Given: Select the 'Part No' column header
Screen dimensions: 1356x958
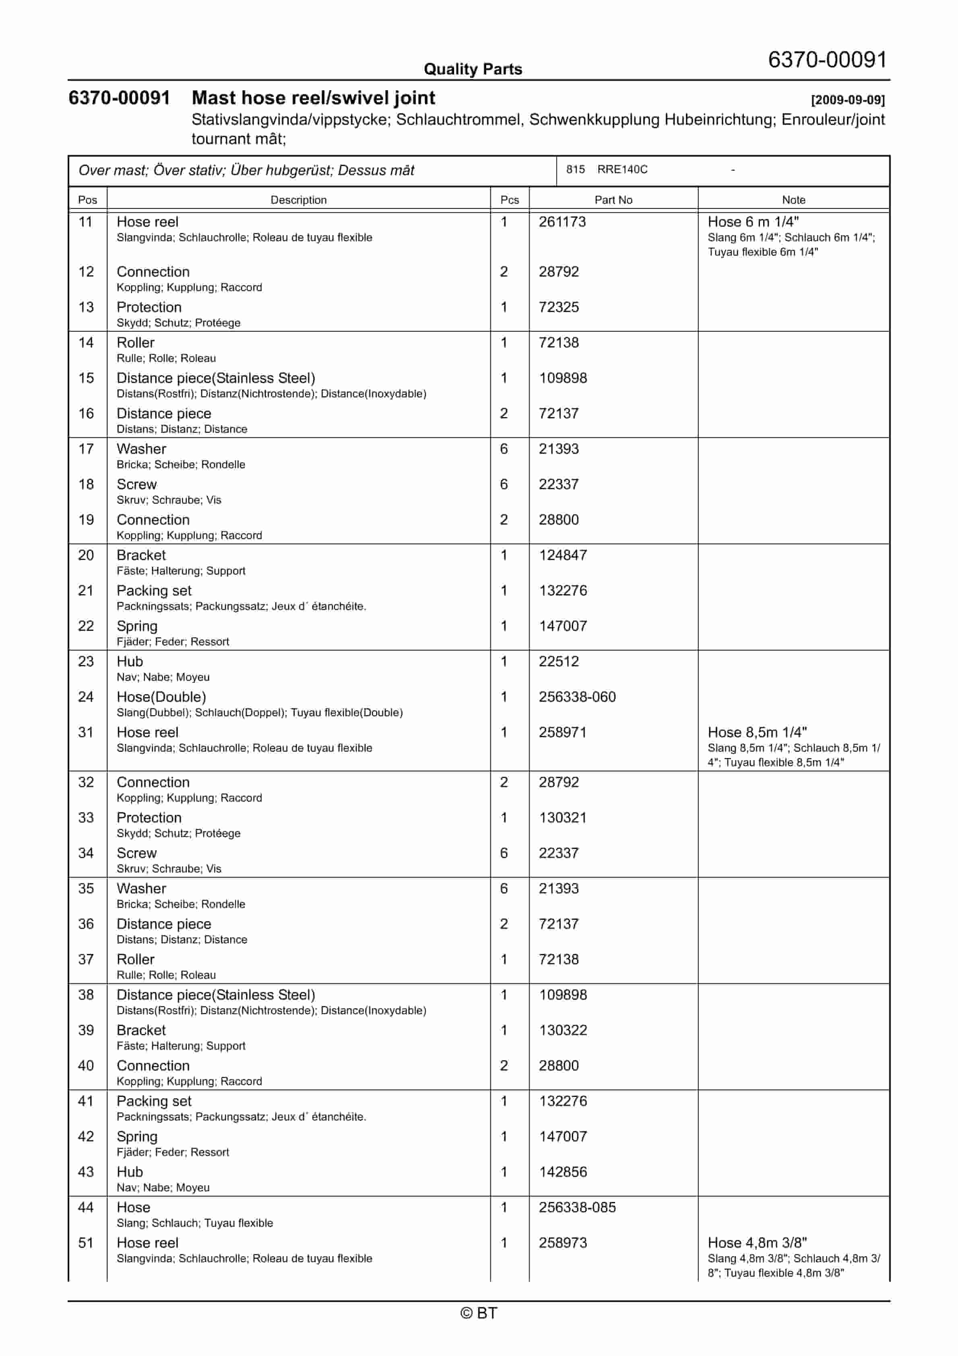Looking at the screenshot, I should click(613, 200).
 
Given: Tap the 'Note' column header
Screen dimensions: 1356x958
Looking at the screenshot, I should click(793, 200).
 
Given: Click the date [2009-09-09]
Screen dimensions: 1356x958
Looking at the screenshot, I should click(848, 100).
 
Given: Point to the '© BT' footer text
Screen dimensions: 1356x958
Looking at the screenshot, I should click(479, 1313).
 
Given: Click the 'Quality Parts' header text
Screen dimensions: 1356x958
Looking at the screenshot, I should click(473, 69).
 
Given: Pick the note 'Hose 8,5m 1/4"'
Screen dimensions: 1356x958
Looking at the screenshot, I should click(757, 732).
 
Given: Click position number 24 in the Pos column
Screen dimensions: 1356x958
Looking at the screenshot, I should click(86, 697).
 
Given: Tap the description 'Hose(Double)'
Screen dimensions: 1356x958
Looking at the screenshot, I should click(161, 697).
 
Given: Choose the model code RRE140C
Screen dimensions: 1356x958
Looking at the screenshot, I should click(622, 169).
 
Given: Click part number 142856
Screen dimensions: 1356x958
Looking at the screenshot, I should click(562, 1172).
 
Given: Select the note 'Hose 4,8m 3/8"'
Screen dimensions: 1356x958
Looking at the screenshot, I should click(757, 1242).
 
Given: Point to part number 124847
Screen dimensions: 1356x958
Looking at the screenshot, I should click(562, 555).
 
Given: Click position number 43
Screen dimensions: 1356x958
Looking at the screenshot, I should click(86, 1172).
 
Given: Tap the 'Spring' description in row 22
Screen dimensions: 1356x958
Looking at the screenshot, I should click(137, 626).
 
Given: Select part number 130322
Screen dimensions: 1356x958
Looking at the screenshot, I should click(562, 1030).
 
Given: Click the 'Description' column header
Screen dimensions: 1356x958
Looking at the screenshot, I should click(298, 200).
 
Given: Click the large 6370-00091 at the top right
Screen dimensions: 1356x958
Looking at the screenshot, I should click(827, 60).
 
